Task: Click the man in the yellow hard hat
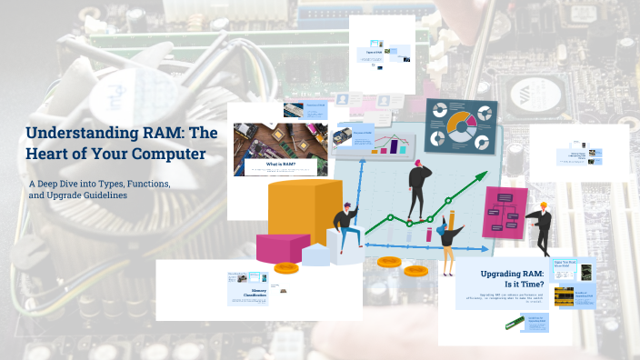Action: [x=541, y=225]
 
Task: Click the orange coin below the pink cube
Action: [x=286, y=268]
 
